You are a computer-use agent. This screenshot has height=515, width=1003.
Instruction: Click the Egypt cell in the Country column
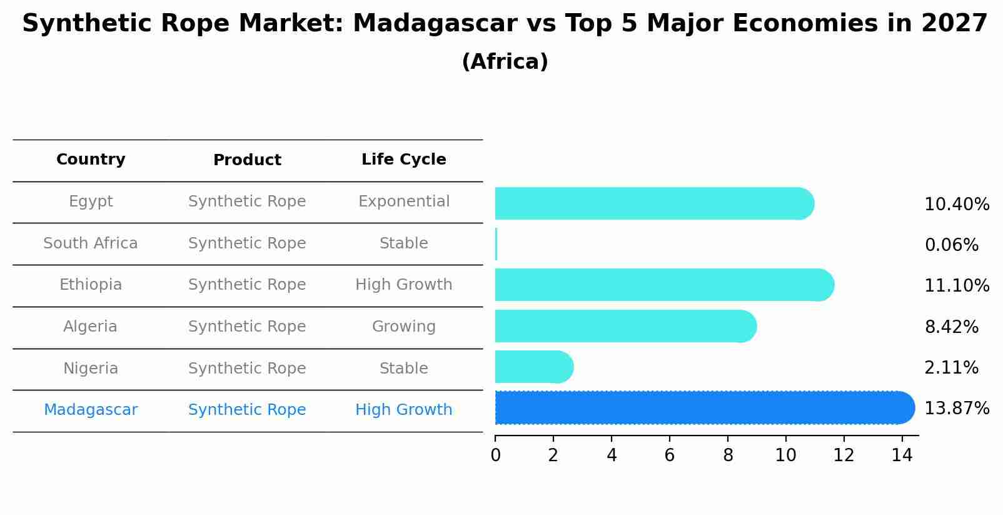point(91,201)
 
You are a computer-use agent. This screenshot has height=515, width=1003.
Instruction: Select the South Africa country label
point(91,243)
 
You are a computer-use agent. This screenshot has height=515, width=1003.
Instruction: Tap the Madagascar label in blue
point(91,410)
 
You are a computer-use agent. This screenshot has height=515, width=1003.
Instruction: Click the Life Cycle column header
point(403,160)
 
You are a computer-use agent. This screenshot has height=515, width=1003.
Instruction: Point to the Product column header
point(247,160)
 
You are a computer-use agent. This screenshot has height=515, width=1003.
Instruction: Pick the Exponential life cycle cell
point(403,201)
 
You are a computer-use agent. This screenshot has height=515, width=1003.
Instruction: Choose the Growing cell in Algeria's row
point(403,327)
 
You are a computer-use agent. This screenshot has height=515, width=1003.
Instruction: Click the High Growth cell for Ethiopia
point(403,285)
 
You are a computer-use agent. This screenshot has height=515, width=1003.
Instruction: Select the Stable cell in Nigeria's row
point(403,369)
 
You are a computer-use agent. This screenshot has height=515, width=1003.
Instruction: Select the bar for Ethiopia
point(663,285)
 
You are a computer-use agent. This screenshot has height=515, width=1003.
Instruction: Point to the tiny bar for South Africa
point(496,244)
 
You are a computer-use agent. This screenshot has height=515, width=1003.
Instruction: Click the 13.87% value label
point(956,409)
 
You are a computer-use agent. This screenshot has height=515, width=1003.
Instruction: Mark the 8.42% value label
point(951,327)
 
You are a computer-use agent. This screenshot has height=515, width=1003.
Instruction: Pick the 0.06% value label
point(951,245)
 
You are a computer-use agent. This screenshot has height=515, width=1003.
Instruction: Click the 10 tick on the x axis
point(785,456)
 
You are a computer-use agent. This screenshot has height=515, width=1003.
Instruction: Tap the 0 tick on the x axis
point(495,456)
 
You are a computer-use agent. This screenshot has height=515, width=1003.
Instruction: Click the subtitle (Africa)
point(505,62)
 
